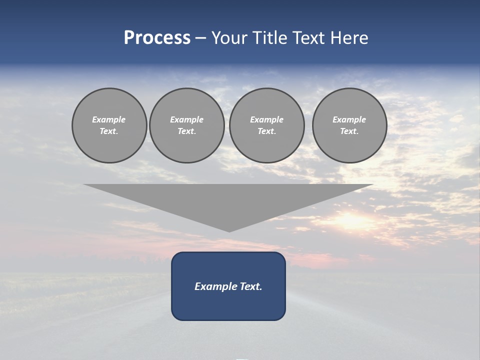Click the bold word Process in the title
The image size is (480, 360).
157,38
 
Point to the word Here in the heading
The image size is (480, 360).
350,38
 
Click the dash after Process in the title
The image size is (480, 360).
200,38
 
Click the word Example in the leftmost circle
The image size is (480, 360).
109,119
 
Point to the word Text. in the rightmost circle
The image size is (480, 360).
349,131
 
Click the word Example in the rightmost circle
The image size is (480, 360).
349,119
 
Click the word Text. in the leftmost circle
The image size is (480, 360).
109,131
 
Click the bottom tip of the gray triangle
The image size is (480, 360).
229,230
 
